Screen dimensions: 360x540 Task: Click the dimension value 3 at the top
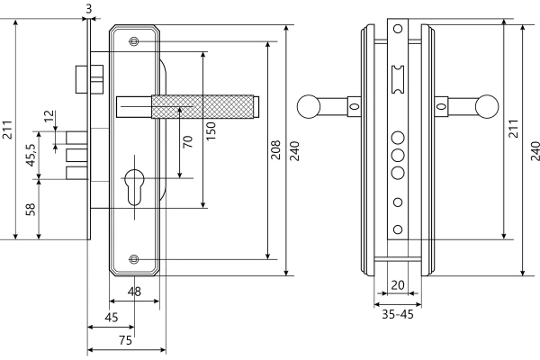tap(88, 8)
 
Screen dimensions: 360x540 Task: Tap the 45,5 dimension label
tap(31, 155)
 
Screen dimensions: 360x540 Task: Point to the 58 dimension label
tap(31, 210)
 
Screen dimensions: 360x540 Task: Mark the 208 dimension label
tap(276, 149)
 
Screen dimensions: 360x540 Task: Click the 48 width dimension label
tap(135, 291)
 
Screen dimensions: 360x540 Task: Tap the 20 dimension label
tap(398, 285)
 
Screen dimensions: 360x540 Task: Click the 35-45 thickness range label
tap(398, 316)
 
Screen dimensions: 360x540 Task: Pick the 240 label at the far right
tap(534, 149)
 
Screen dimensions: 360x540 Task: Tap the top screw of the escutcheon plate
tap(135, 41)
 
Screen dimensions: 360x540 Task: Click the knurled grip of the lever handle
tap(204, 106)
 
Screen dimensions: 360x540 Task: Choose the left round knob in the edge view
tap(308, 106)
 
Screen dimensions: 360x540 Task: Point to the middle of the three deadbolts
tap(78, 156)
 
